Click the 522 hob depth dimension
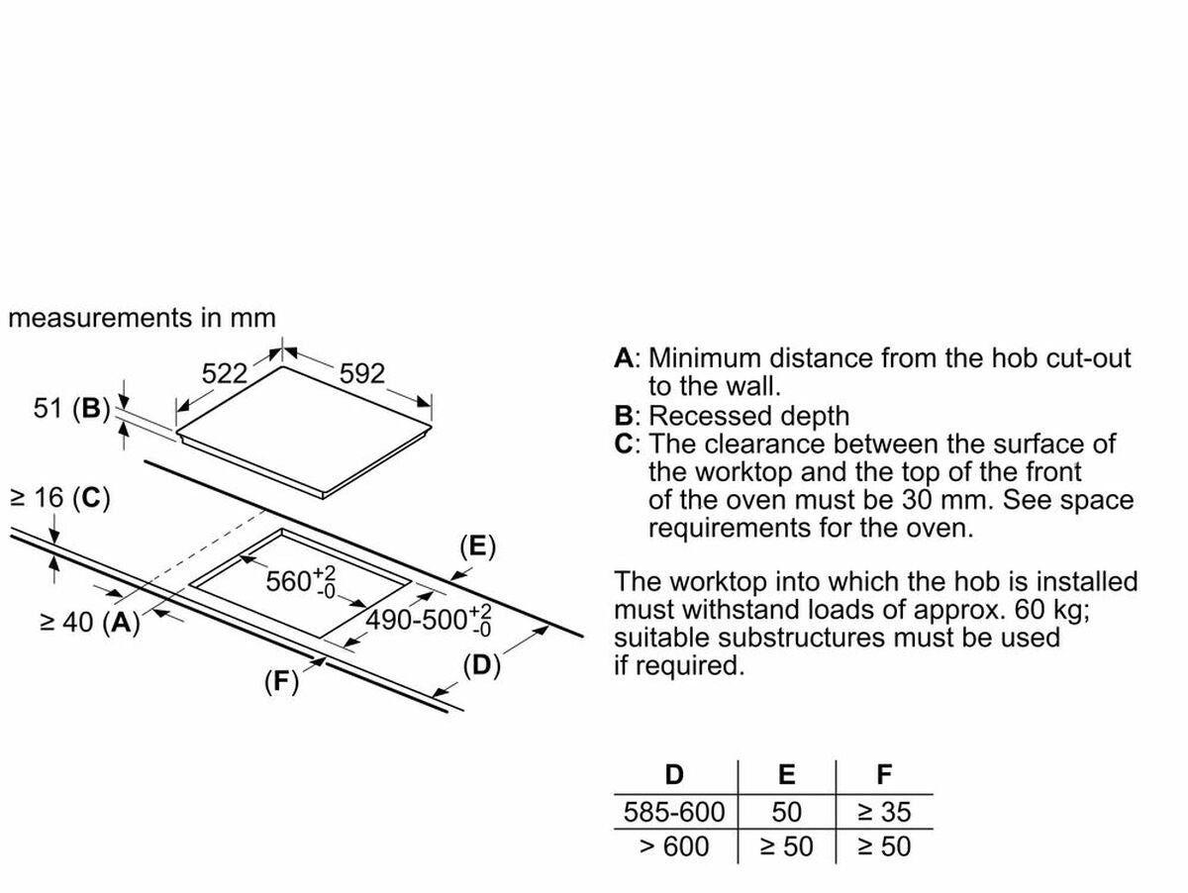(224, 373)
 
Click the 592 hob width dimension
(361, 373)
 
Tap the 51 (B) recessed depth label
(71, 408)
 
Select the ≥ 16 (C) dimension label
(59, 498)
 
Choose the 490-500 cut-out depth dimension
(430, 621)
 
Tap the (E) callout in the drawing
(477, 546)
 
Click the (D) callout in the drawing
(482, 665)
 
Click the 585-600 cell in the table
(674, 813)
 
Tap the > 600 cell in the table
(674, 846)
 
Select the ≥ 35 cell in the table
(884, 813)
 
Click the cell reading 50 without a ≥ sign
(786, 813)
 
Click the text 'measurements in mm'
(142, 318)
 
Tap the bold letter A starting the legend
(624, 358)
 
